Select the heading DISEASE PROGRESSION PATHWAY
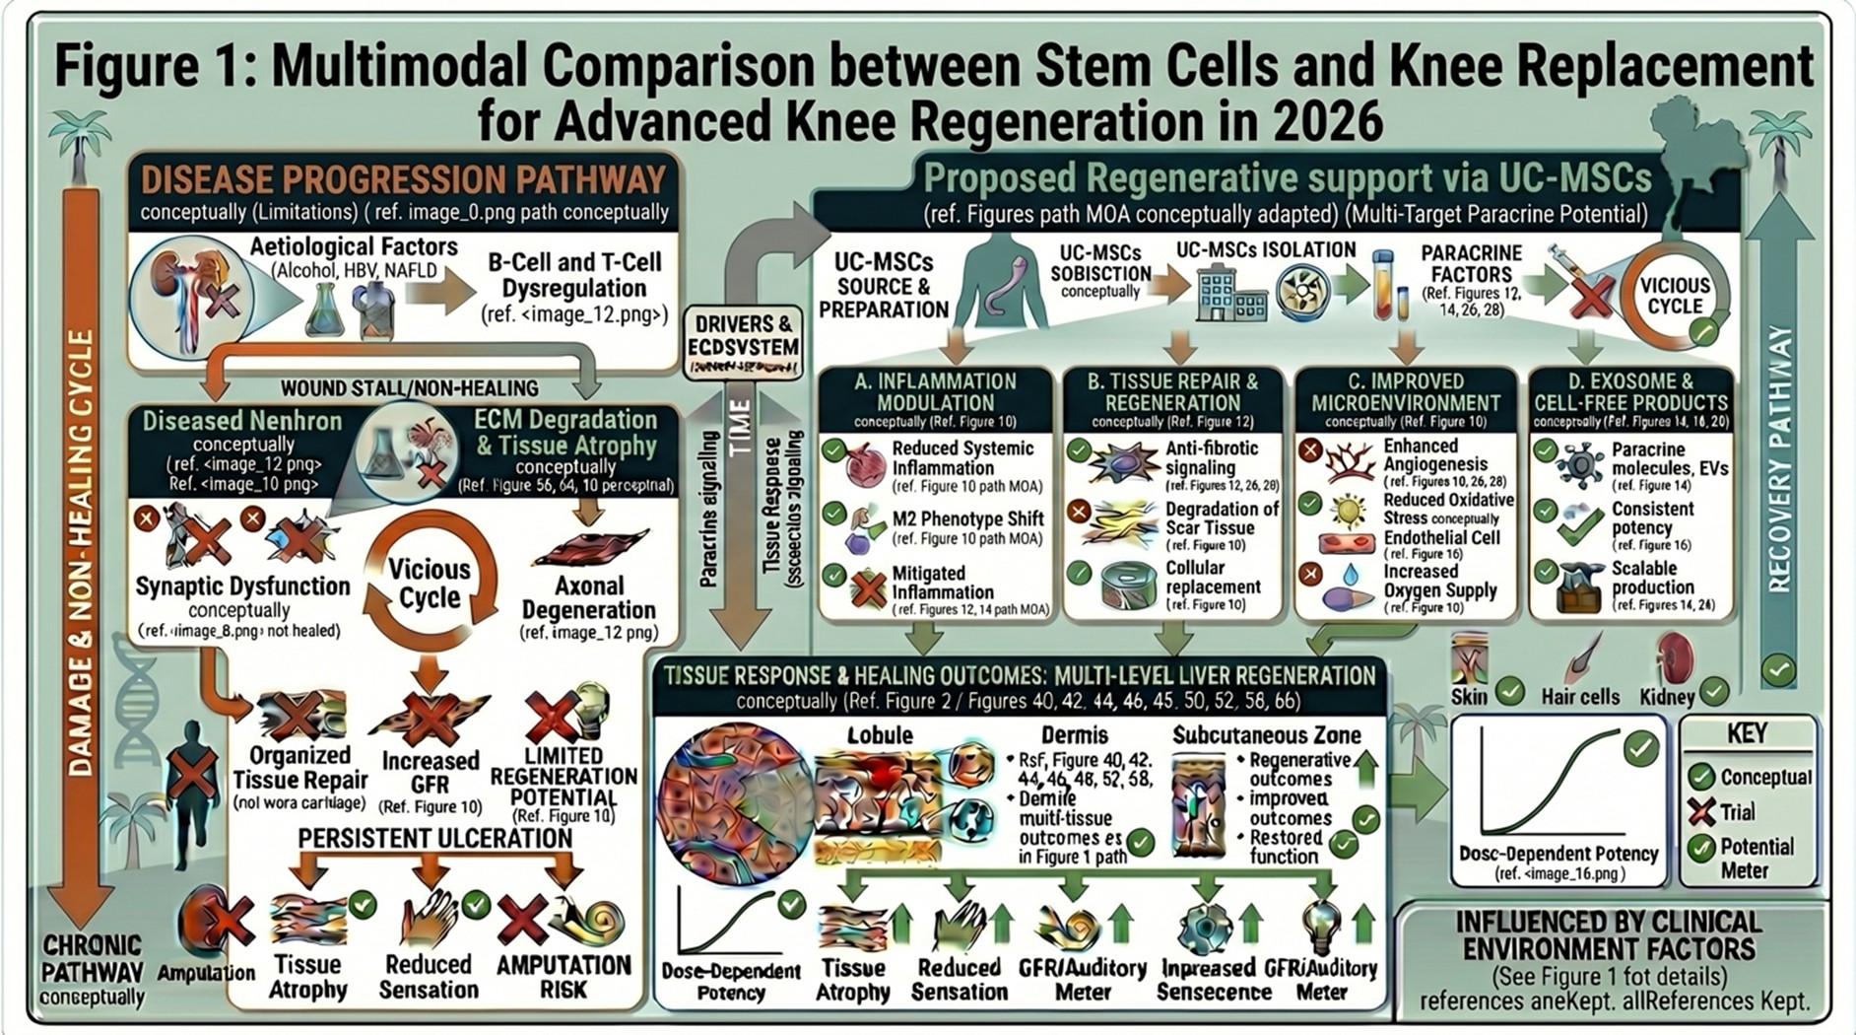404,180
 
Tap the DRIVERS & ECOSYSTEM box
743,336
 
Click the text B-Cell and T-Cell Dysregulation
574,276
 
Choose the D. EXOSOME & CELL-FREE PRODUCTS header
1630,392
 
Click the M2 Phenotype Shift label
966,519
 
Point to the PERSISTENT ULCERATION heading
434,839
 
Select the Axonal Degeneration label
588,597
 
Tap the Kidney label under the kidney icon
1667,697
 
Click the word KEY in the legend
1747,734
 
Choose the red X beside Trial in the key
1701,812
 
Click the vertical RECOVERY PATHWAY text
1778,458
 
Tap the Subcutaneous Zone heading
1266,735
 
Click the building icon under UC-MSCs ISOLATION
1229,295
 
